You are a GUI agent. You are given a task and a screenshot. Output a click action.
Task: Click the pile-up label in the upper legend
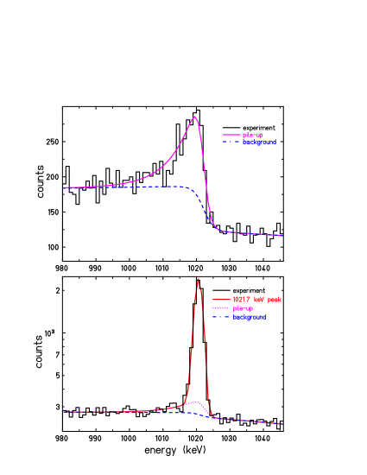pyautogui.click(x=253, y=135)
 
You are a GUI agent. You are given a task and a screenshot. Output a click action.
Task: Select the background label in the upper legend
pyautogui.click(x=259, y=142)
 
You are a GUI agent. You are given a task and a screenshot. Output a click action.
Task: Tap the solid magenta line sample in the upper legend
pyautogui.click(x=231, y=135)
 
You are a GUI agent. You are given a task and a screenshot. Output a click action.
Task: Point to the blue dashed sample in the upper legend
pyautogui.click(x=231, y=142)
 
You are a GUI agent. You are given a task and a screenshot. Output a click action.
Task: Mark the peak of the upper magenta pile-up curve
pyautogui.click(x=195, y=117)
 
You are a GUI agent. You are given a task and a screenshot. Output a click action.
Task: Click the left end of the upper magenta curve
pyautogui.click(x=66, y=187)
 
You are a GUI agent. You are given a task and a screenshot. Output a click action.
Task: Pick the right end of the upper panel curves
pyautogui.click(x=282, y=235)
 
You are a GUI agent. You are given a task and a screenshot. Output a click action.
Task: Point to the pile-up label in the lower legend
pyautogui.click(x=244, y=308)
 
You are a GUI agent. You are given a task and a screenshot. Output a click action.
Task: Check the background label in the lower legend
pyautogui.click(x=249, y=317)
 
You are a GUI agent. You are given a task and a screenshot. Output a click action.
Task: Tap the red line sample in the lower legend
pyautogui.click(x=218, y=300)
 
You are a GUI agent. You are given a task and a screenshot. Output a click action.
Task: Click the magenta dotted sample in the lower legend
pyautogui.click(x=218, y=308)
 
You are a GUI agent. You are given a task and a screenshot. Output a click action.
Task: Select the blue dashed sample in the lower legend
pyautogui.click(x=218, y=317)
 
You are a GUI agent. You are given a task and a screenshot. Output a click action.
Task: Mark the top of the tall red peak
pyautogui.click(x=199, y=279)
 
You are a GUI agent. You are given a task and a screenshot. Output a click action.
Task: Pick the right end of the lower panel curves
pyautogui.click(x=282, y=423)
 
